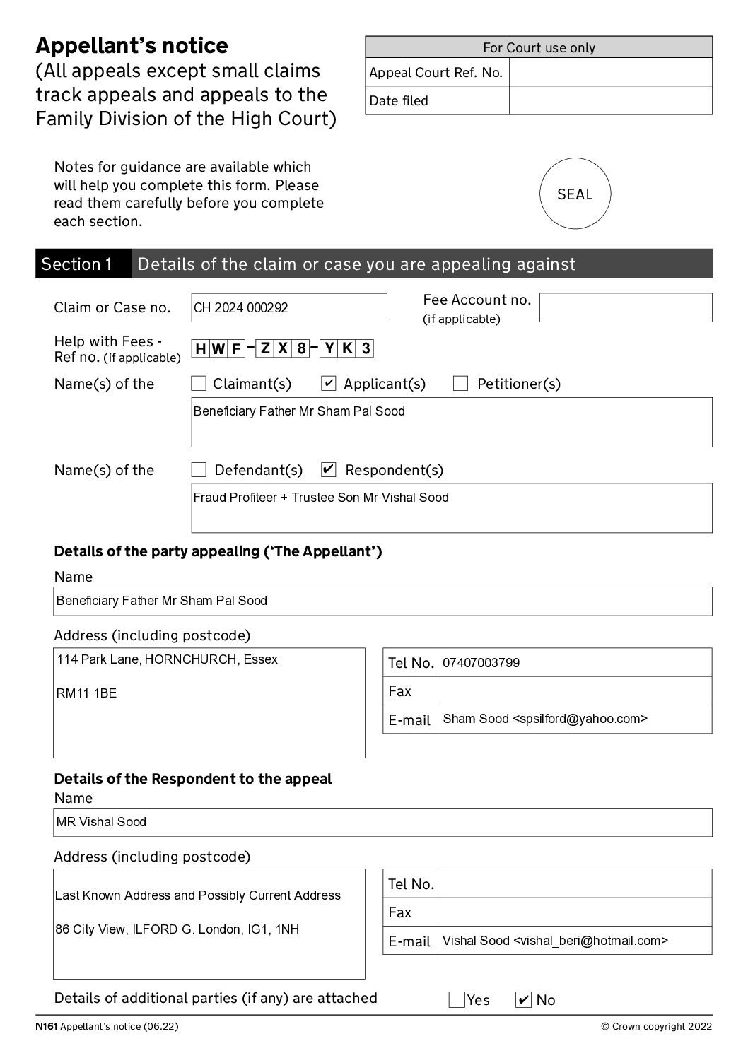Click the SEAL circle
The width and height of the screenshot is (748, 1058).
point(575,194)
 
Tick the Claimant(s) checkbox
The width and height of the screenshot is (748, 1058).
point(199,384)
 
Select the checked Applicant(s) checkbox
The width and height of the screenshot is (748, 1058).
point(328,384)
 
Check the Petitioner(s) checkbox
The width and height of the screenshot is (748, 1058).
point(460,384)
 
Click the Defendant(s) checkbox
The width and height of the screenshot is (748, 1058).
point(199,470)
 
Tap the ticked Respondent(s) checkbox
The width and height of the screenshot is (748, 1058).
point(328,470)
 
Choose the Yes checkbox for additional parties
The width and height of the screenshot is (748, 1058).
point(457,1000)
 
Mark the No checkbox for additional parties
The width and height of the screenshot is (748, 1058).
point(523,1000)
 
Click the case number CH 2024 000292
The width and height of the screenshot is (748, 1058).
point(241,308)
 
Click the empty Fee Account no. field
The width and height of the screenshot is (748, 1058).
point(625,308)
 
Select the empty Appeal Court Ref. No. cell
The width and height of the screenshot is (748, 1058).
point(610,72)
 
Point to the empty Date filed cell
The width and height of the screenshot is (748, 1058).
point(610,100)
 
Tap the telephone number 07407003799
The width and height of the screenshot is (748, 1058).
point(481,663)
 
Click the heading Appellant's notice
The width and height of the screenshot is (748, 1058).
point(132,46)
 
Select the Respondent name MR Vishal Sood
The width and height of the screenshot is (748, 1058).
point(102,822)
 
